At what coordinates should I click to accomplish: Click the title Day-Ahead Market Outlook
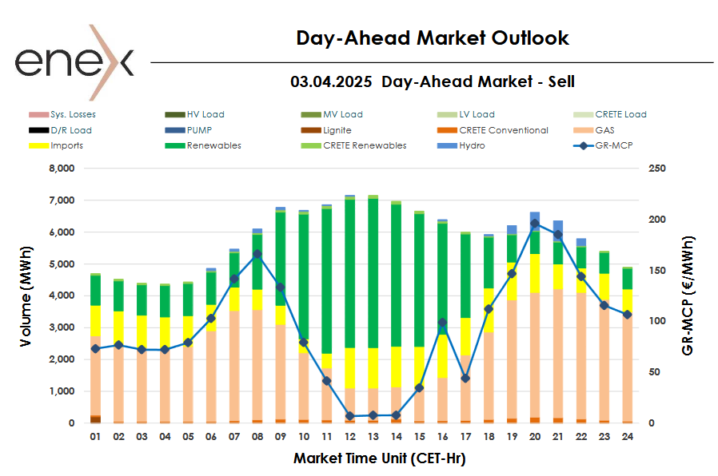(x=432, y=38)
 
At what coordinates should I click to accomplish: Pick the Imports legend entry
(x=66, y=145)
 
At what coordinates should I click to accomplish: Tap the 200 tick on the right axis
(x=656, y=220)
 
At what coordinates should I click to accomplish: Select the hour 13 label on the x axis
(x=372, y=438)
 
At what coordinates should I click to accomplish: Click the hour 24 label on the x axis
(x=627, y=438)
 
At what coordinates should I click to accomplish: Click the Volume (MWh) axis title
(x=27, y=296)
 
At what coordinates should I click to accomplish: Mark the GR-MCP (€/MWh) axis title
(x=688, y=296)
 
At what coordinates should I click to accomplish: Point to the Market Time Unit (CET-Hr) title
(x=379, y=458)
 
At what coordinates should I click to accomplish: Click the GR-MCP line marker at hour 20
(x=534, y=224)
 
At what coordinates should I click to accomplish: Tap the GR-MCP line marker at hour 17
(x=465, y=378)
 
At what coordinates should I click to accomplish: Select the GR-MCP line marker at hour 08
(x=257, y=254)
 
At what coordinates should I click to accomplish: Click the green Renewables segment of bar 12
(x=349, y=272)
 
